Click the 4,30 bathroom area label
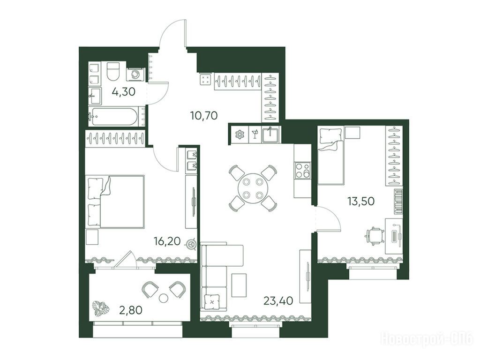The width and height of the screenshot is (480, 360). pyautogui.click(x=123, y=91)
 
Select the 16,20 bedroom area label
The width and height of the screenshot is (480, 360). pyautogui.click(x=167, y=241)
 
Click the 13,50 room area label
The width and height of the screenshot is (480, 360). pyautogui.click(x=361, y=201)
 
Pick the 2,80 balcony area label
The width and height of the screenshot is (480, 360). pyautogui.click(x=130, y=310)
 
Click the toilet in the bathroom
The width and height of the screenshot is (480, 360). pyautogui.click(x=113, y=71)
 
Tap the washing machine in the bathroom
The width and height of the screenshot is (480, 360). pyautogui.click(x=135, y=74)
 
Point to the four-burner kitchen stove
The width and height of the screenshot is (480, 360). pyautogui.click(x=302, y=170)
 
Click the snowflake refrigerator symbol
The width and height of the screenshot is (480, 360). pyautogui.click(x=239, y=135)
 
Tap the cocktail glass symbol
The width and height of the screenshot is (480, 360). pyautogui.click(x=255, y=135)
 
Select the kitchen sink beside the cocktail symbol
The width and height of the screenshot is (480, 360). pyautogui.click(x=270, y=135)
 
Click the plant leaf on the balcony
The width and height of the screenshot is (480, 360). pyautogui.click(x=101, y=308)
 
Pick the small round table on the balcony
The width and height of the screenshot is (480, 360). pyautogui.click(x=164, y=298)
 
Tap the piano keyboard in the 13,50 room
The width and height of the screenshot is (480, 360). pyautogui.click(x=398, y=202)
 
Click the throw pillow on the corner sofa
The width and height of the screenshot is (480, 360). pyautogui.click(x=211, y=302)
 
